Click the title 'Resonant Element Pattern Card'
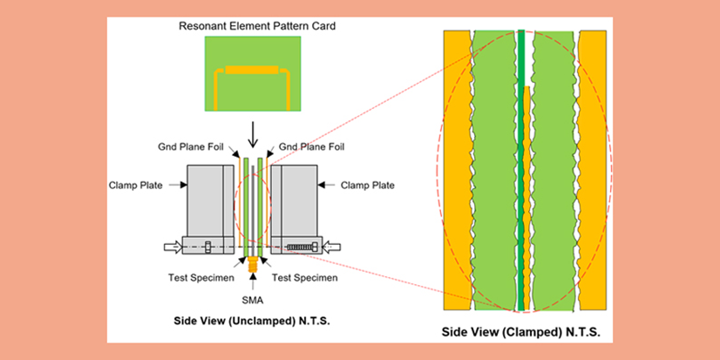point(257,26)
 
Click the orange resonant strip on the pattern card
point(252,69)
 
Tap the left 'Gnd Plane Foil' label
point(194,146)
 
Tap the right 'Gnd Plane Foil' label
point(311,146)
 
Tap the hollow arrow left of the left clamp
point(173,247)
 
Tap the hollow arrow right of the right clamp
point(332,247)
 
